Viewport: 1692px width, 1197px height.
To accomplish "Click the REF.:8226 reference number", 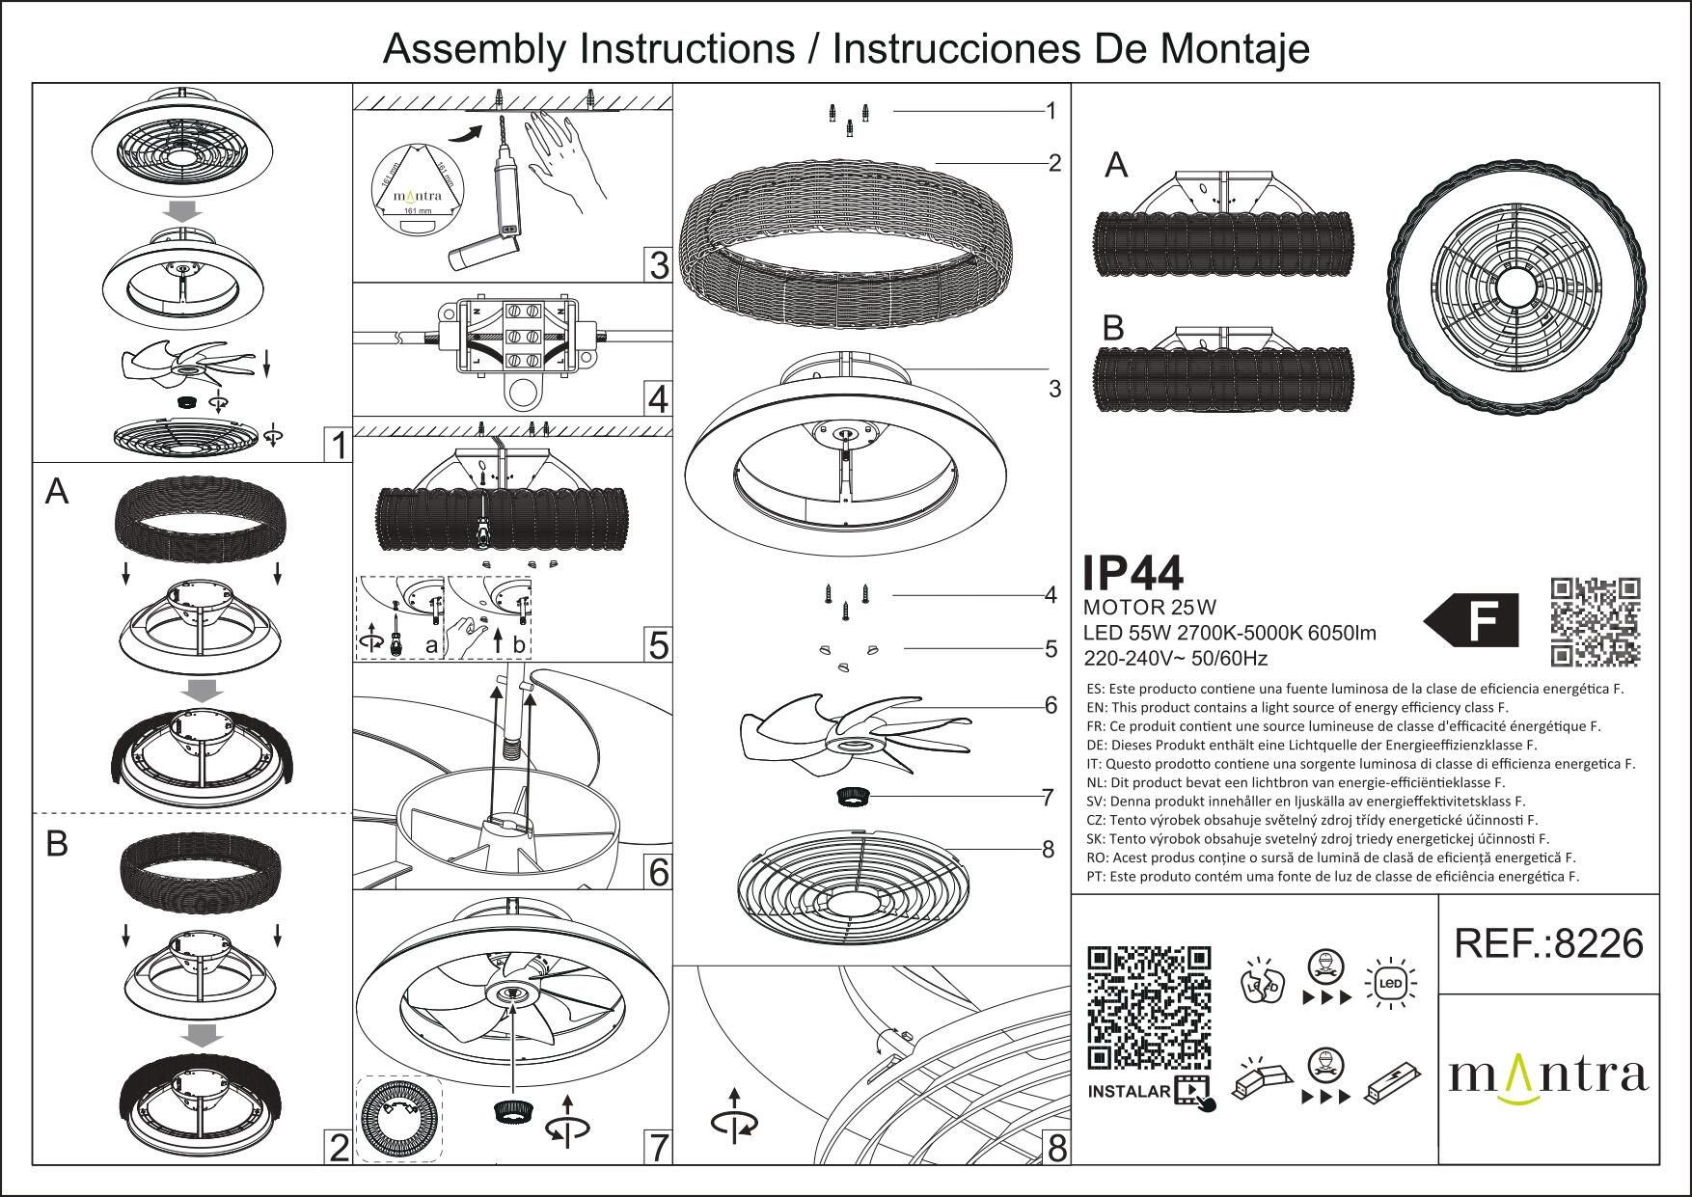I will point(1547,943).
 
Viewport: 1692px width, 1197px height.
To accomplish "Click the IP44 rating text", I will point(1133,574).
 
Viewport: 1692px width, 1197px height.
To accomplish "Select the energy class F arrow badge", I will point(1471,620).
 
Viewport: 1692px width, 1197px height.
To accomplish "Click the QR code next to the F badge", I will point(1595,622).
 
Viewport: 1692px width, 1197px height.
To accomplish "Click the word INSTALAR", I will point(1129,1093).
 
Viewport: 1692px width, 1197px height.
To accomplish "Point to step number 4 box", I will point(658,399).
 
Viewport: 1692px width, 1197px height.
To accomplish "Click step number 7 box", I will point(658,1148).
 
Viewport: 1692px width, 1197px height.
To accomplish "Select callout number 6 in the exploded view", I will point(1051,706).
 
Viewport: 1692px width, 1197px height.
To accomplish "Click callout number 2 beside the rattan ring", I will point(1054,163).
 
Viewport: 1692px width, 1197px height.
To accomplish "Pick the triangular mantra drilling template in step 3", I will point(417,188).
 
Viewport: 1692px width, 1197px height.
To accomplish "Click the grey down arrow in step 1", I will point(181,210).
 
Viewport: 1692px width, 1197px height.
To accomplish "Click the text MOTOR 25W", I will point(1150,608).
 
